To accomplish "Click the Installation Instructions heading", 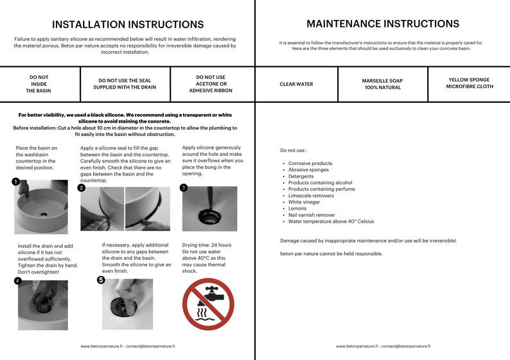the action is click(128, 24).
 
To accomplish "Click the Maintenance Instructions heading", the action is click(383, 24).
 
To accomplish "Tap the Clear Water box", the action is click(296, 84).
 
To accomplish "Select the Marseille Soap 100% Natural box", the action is click(383, 84).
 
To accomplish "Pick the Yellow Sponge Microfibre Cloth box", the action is click(470, 84).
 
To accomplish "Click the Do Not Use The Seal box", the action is click(125, 84).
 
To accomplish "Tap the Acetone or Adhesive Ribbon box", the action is click(211, 84).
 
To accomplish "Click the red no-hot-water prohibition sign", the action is click(208, 304).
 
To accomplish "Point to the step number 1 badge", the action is click(15, 182).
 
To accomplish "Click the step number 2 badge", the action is click(82, 188).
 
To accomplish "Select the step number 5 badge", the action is click(101, 280).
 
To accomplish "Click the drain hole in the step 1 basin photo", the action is click(44, 214).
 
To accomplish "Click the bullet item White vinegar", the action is click(304, 202).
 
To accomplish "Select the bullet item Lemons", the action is click(297, 209).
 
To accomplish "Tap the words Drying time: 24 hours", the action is click(207, 245).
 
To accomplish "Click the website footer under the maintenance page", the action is click(383, 347).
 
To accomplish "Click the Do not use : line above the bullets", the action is click(294, 150).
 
